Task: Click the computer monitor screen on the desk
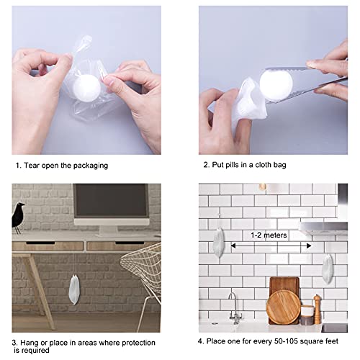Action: point(111,205)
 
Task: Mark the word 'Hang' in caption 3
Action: point(30,341)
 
